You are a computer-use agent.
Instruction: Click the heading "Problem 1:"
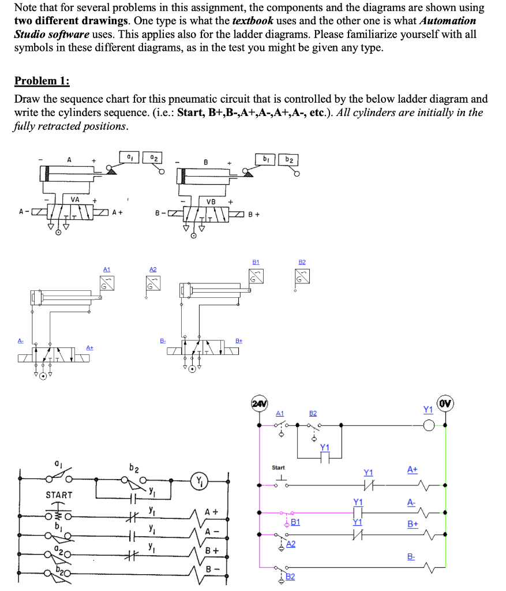(x=42, y=80)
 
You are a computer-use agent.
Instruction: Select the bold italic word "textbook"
(x=255, y=21)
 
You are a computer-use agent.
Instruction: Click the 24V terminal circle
(x=258, y=402)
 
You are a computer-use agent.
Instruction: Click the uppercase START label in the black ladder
(x=59, y=495)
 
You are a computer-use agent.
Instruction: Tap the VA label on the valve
(x=75, y=199)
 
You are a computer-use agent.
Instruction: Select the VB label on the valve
(x=211, y=201)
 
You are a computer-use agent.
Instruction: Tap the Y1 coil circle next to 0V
(x=428, y=425)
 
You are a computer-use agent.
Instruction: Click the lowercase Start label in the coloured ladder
(x=279, y=467)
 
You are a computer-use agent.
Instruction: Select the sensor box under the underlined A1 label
(x=106, y=282)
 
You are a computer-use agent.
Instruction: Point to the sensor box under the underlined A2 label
(x=152, y=283)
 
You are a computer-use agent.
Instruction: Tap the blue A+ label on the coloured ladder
(x=412, y=470)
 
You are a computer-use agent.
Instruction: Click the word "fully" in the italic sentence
(x=25, y=126)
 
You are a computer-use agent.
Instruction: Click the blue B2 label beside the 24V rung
(x=313, y=413)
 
